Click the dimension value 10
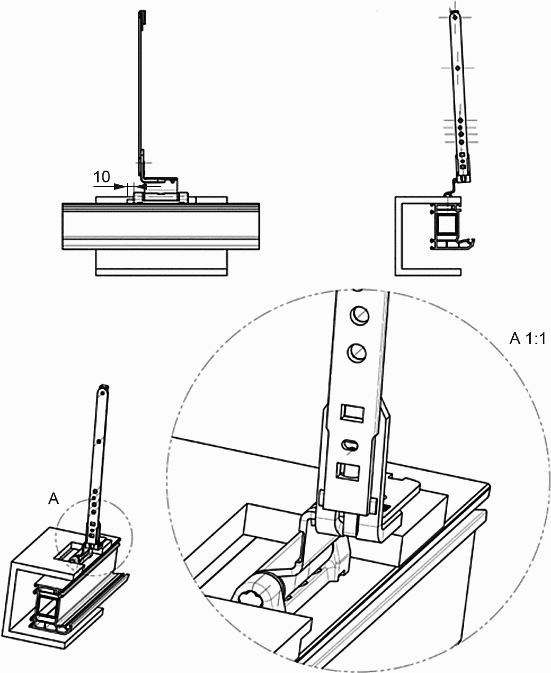(101, 177)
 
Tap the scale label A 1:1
(527, 338)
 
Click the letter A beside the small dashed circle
(54, 499)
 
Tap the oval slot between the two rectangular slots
(351, 444)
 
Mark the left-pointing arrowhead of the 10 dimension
(139, 187)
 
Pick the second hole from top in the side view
(457, 68)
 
